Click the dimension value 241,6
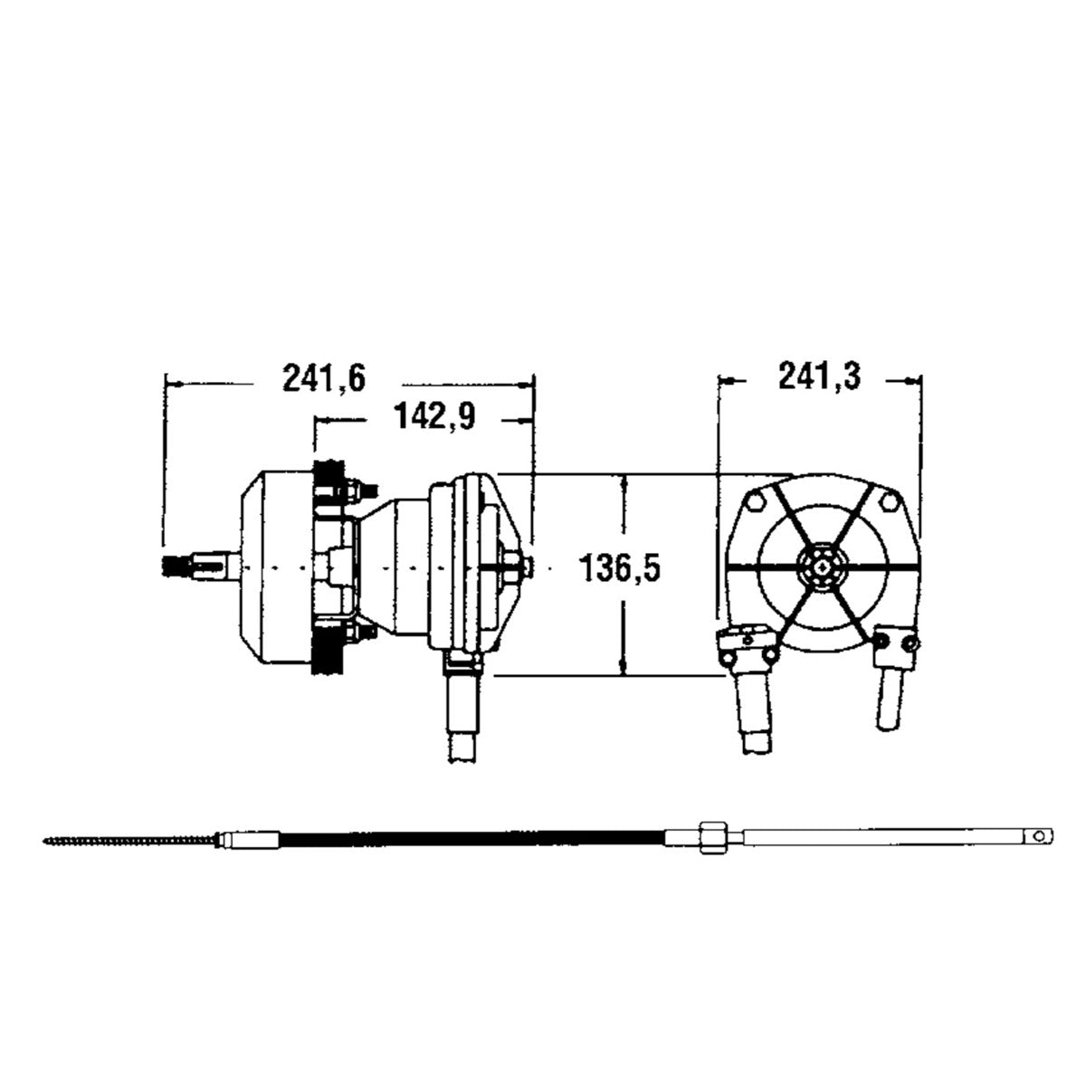point(323,378)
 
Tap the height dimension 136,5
point(623,570)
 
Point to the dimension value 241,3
point(819,376)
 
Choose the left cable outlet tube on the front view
point(755,706)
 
